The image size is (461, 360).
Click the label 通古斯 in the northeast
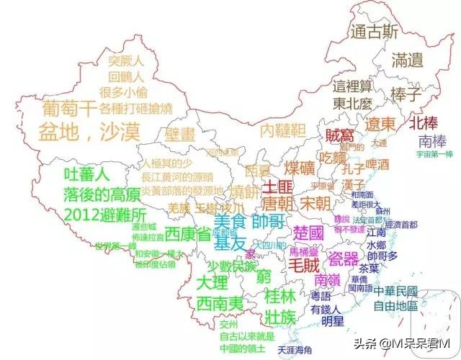[x=374, y=32]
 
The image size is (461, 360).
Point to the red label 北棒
[x=425, y=122]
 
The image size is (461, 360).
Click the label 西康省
[x=187, y=234]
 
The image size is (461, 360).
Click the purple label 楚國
[x=310, y=233]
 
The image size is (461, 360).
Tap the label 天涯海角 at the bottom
[x=295, y=349]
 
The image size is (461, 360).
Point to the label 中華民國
[x=395, y=292]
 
